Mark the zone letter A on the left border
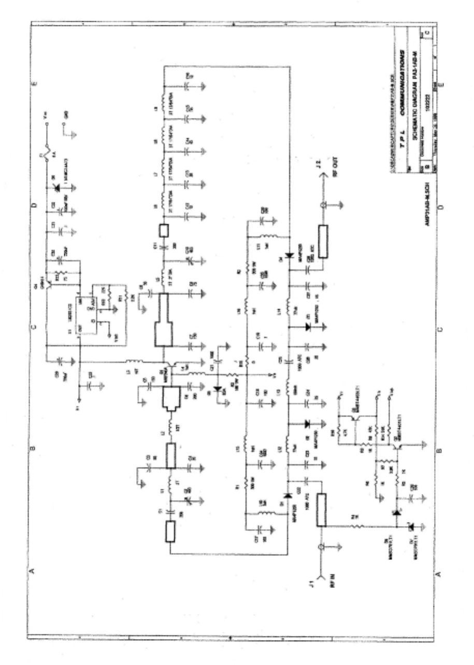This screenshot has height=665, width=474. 31,571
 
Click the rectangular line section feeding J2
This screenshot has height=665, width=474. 323,241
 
